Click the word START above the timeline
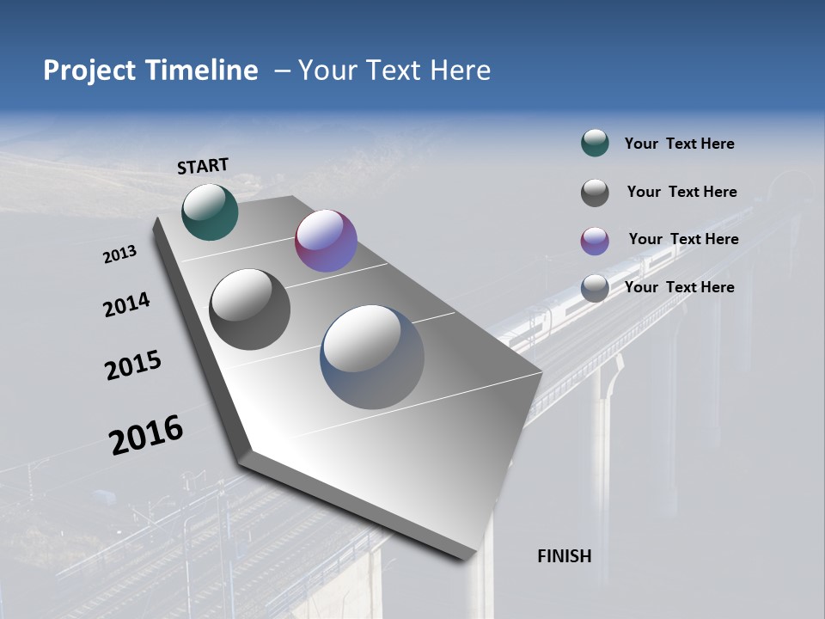[x=203, y=166]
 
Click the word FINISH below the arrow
[x=564, y=556]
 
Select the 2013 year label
[x=119, y=254]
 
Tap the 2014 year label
[x=126, y=304]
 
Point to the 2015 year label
[x=132, y=365]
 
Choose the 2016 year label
[x=146, y=435]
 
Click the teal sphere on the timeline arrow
[x=210, y=211]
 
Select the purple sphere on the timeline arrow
[x=326, y=241]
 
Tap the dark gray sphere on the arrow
[x=249, y=309]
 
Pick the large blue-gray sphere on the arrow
[x=372, y=357]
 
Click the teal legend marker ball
[x=595, y=144]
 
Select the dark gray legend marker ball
[x=595, y=193]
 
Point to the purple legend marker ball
[x=595, y=241]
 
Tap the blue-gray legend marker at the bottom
[x=595, y=288]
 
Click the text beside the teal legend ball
[x=679, y=144]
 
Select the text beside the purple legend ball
[x=683, y=239]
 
